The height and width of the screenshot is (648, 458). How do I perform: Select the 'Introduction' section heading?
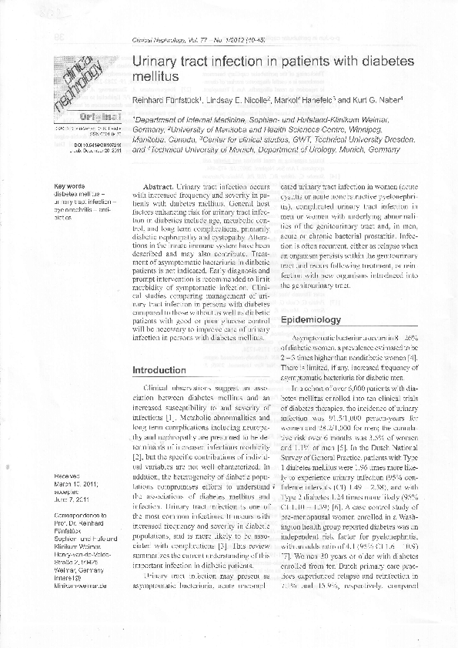point(159,370)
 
